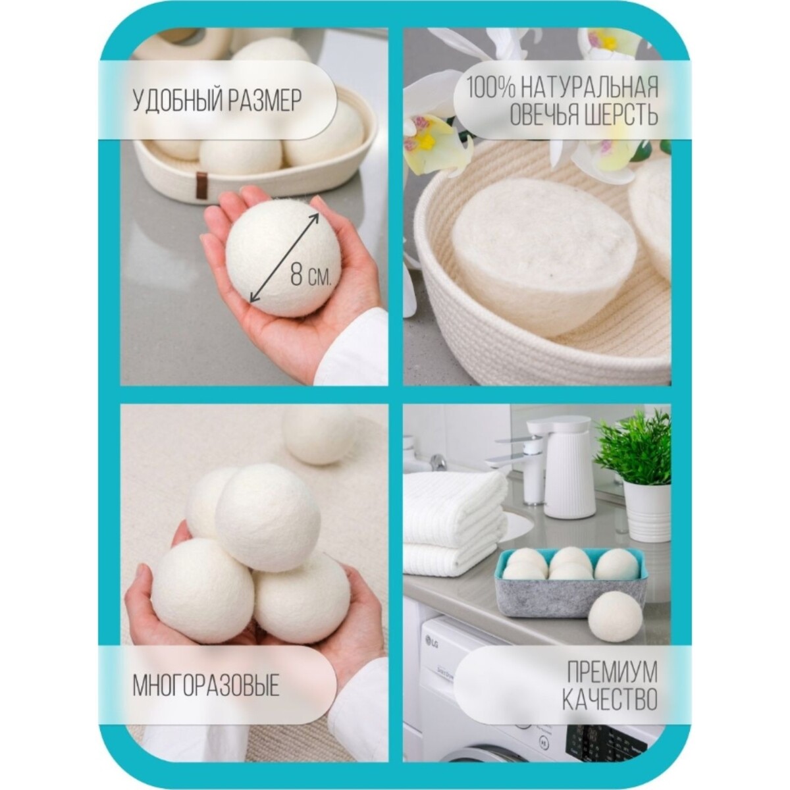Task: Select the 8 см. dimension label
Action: click(310, 273)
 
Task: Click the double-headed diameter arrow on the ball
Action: click(284, 257)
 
